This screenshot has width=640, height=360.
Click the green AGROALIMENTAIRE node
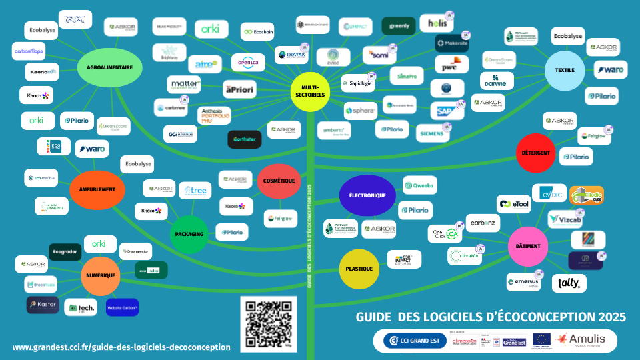[110, 67]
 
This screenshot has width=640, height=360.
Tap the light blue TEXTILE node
[565, 70]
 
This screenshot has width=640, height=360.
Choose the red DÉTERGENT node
[537, 153]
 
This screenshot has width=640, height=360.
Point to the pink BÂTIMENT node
[528, 246]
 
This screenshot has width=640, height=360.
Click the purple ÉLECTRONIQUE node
[367, 195]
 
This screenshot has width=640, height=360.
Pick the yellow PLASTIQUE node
[359, 269]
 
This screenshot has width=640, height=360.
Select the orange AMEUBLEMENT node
[97, 189]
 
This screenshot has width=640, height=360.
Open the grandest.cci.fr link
[121, 347]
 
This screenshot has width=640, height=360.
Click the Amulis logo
[579, 340]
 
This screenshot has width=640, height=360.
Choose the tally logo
[569, 283]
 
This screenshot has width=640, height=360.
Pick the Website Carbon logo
[122, 307]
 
